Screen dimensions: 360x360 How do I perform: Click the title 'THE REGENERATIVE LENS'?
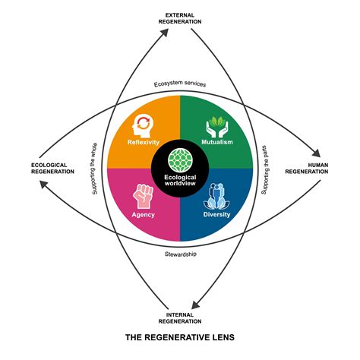(180, 334)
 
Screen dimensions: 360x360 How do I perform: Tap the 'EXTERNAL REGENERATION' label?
(180, 18)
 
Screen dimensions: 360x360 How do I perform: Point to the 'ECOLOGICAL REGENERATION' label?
(52, 169)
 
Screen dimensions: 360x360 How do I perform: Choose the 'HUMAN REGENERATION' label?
(307, 169)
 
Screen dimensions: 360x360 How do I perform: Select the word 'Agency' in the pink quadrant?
(144, 214)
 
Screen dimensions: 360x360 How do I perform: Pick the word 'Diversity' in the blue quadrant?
(217, 214)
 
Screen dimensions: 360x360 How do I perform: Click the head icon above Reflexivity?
(144, 124)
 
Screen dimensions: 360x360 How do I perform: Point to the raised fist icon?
(144, 195)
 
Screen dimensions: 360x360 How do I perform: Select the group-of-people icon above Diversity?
(217, 195)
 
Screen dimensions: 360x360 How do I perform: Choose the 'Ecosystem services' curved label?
(179, 84)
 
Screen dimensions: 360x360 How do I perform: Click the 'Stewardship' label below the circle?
(181, 254)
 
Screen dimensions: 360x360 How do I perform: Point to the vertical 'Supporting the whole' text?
(94, 169)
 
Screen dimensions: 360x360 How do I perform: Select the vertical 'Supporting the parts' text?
(265, 169)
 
